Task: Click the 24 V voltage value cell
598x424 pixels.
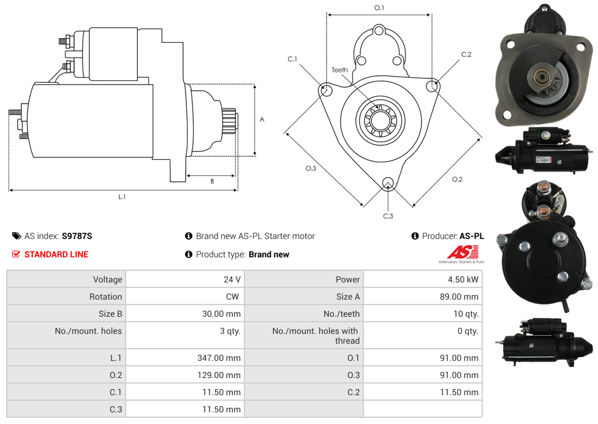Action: (x=232, y=279)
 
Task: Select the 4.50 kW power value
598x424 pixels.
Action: (x=464, y=279)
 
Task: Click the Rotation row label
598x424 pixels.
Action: (x=105, y=297)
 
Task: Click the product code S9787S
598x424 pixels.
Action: (x=77, y=236)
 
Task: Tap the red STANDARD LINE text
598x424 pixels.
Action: (x=56, y=254)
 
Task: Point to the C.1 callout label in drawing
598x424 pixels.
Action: (x=292, y=59)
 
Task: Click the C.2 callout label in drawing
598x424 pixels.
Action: (x=466, y=55)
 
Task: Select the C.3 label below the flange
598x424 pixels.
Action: (x=388, y=216)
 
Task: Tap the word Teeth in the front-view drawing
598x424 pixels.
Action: (x=339, y=70)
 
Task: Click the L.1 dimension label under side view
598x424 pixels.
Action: (x=122, y=197)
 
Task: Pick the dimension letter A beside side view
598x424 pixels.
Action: (x=262, y=119)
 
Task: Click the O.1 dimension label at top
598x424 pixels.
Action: (x=379, y=8)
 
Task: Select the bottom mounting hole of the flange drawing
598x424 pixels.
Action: (x=387, y=183)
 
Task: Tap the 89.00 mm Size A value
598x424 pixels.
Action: (x=463, y=297)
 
